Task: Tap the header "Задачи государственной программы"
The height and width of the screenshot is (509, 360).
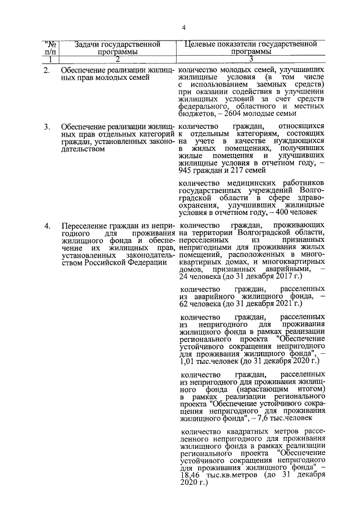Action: (x=114, y=47)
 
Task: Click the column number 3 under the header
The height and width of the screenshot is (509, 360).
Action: (x=251, y=59)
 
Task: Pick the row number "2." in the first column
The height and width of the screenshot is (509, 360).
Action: (x=47, y=70)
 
